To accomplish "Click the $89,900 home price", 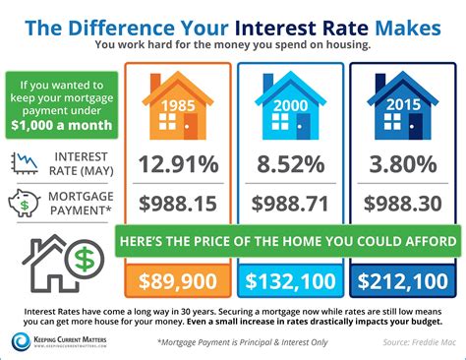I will pyautogui.click(x=179, y=282).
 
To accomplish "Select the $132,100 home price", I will pyautogui.click(x=291, y=282).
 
